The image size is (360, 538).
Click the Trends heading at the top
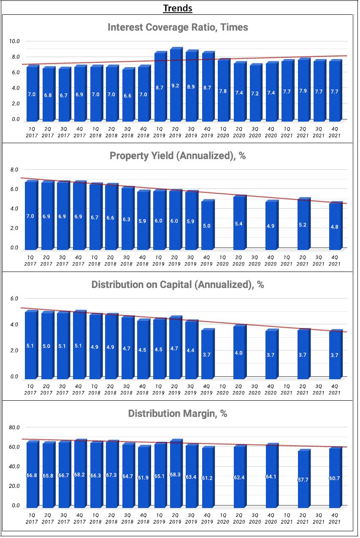pos(177,8)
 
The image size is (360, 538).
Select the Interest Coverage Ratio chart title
pos(178,27)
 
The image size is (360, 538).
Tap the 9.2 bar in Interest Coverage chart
pos(175,84)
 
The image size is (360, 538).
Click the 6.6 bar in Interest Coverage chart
pos(127,95)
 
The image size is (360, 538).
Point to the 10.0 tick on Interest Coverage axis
pos(15,41)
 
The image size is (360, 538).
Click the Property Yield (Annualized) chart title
pos(178,155)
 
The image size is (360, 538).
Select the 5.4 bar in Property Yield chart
pos(238,223)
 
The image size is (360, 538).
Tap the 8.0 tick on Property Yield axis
pos(15,170)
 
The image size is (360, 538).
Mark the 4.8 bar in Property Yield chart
pos(334,226)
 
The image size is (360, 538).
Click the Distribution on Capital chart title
pos(178,285)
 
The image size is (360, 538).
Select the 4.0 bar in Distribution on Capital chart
pos(238,352)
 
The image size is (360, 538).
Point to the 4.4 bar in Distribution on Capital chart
pos(191,350)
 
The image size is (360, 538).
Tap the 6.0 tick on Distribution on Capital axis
pos(15,299)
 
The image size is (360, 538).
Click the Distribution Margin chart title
pos(178,413)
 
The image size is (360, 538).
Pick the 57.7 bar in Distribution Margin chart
pos(303,479)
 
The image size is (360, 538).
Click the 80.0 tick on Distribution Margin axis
pos(15,427)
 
